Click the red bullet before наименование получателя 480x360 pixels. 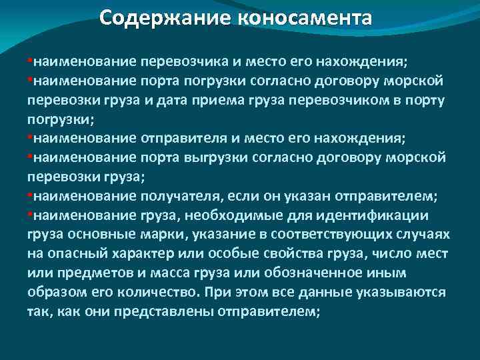(x=29, y=196)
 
